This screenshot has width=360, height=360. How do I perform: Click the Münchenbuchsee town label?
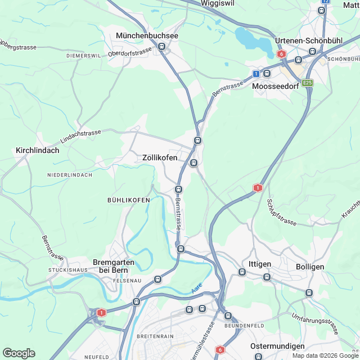[x=147, y=35]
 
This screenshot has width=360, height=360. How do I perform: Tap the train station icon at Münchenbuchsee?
[x=162, y=47]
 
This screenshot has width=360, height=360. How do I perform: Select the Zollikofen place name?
[x=159, y=158]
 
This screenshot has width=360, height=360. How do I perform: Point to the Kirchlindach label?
[x=38, y=151]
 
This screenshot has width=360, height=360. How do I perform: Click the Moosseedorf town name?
[x=276, y=87]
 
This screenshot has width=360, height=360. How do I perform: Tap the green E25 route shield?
[x=307, y=83]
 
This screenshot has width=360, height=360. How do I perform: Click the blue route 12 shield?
[x=325, y=2]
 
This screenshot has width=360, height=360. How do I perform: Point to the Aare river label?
[x=196, y=287]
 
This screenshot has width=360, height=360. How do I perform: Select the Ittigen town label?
[x=259, y=264]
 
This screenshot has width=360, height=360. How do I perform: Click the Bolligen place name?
[x=310, y=264]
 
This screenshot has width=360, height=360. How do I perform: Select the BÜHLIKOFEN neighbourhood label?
[x=128, y=200]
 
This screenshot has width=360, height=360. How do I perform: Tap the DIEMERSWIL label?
[x=83, y=56]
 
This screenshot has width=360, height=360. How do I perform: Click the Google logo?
[x=19, y=353]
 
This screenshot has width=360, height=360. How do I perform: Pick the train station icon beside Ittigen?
[x=242, y=272]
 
